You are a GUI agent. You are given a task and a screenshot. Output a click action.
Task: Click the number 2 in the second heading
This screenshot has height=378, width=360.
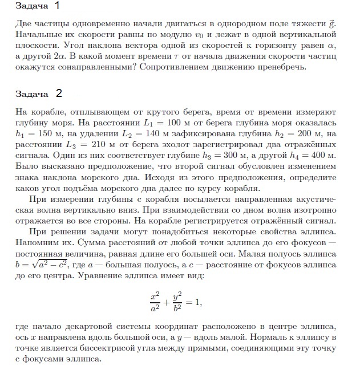pos(59,93)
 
